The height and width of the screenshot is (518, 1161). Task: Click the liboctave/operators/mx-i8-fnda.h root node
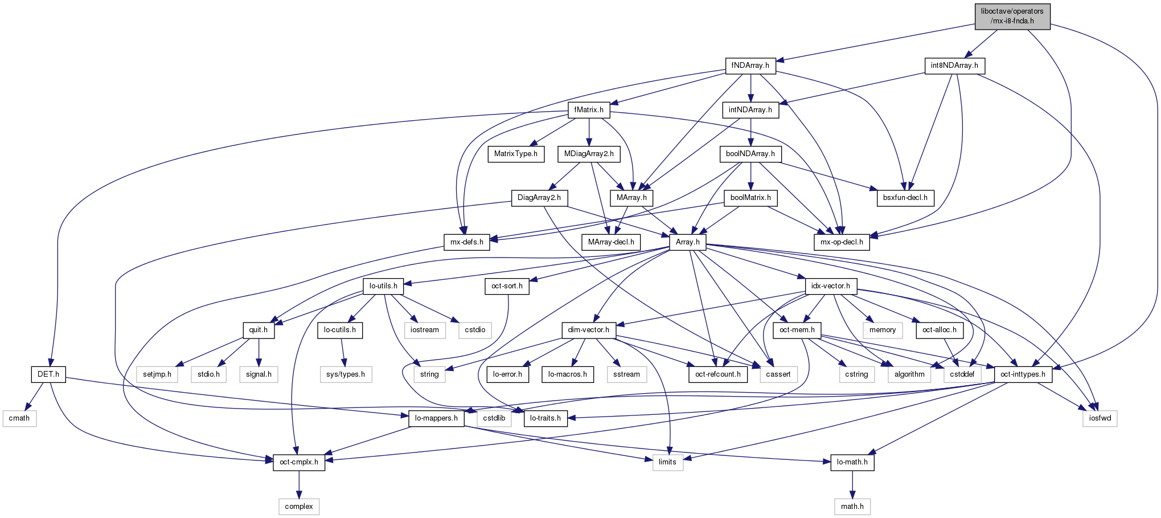pyautogui.click(x=1012, y=17)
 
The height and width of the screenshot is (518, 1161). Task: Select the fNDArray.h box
pyautogui.click(x=750, y=66)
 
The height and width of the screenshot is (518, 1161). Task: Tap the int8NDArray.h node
pyautogui.click(x=954, y=66)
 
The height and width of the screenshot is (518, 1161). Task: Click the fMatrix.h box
pyautogui.click(x=589, y=109)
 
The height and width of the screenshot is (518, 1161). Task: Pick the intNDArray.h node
pyautogui.click(x=750, y=109)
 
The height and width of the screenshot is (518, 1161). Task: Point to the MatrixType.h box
pyautogui.click(x=516, y=154)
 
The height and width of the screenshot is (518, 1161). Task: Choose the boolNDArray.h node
pyautogui.click(x=750, y=154)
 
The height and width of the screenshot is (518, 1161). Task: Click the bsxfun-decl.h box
pyautogui.click(x=905, y=198)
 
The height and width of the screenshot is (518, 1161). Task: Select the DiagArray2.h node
pyautogui.click(x=539, y=198)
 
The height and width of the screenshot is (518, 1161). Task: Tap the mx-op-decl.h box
pyautogui.click(x=842, y=242)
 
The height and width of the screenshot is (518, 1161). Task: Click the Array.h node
pyautogui.click(x=688, y=242)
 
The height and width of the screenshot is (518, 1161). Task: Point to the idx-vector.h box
pyautogui.click(x=831, y=286)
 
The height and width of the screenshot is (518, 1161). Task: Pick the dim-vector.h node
pyautogui.click(x=589, y=330)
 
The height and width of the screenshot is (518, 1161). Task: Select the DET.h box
pyautogui.click(x=48, y=374)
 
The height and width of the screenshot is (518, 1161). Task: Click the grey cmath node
pyautogui.click(x=19, y=418)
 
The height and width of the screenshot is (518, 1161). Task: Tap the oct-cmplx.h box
pyautogui.click(x=299, y=462)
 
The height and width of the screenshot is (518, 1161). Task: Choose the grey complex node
pyautogui.click(x=299, y=507)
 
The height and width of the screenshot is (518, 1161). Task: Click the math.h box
pyautogui.click(x=852, y=507)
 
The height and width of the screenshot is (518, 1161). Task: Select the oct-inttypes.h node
pyautogui.click(x=1023, y=374)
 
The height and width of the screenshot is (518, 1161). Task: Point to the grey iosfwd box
pyautogui.click(x=1100, y=418)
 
